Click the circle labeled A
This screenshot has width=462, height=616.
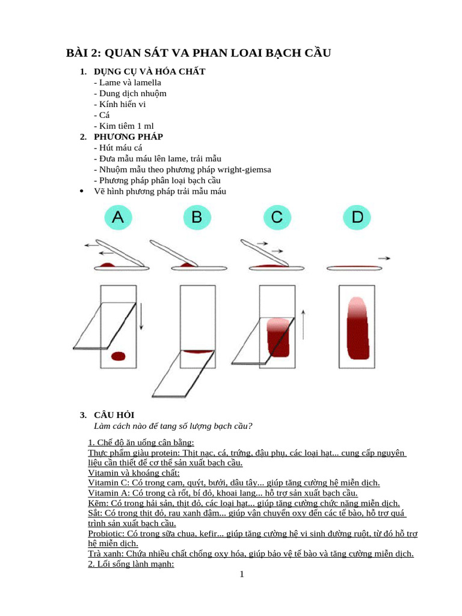tap(118, 218)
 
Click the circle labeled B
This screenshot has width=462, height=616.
tap(197, 218)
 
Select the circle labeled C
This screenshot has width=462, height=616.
tap(277, 218)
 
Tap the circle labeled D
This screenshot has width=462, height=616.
tap(357, 218)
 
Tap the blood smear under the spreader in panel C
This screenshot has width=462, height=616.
tap(279, 337)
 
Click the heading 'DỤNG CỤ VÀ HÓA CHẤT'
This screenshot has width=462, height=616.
tap(150, 72)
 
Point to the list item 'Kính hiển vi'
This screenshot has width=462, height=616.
tap(120, 104)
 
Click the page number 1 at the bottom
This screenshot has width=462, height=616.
tap(242, 574)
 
